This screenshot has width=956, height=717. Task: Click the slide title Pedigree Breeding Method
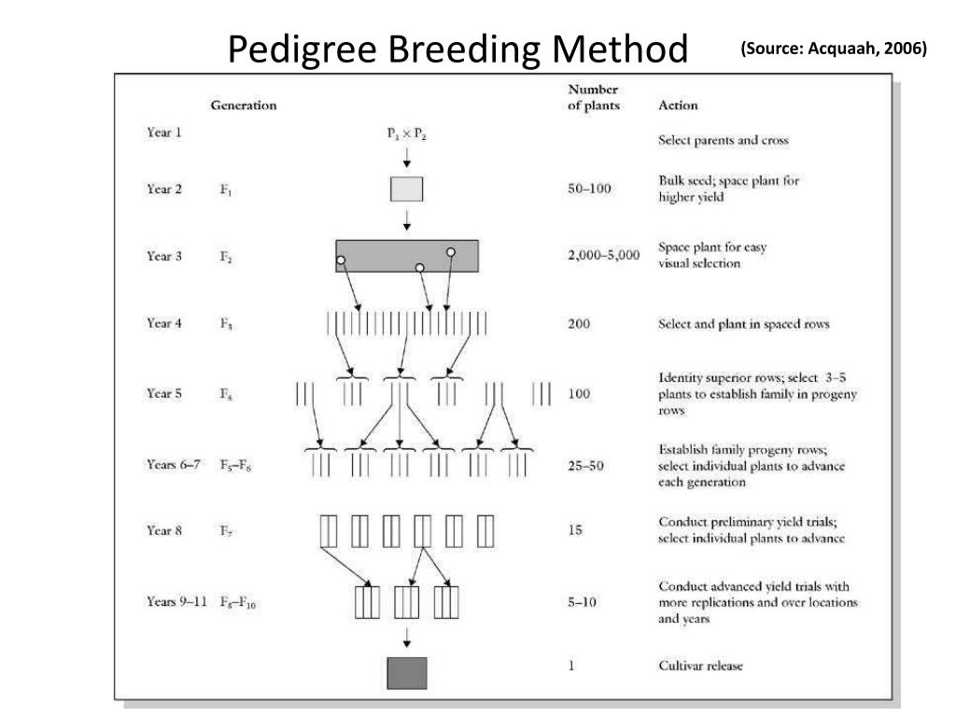coord(457,49)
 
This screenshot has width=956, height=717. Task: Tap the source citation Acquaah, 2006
coord(834,49)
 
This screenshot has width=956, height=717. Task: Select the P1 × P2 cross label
coord(407,134)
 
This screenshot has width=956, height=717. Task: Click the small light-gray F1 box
coord(406,189)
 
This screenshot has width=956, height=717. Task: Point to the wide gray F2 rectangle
coord(407,256)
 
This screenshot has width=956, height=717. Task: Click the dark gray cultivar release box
coord(407,673)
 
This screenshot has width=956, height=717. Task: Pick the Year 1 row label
coord(164,133)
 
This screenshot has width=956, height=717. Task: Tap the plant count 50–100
coord(589,189)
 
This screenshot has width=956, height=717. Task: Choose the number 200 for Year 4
coord(579,324)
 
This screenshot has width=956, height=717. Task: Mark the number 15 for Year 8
coord(575,530)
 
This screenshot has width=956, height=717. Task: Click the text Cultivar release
coord(701,666)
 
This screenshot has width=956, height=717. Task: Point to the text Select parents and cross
coord(724,140)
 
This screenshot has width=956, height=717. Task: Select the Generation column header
coord(244,105)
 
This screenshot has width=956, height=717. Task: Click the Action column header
coord(678,105)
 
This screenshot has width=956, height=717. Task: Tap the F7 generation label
coord(227,531)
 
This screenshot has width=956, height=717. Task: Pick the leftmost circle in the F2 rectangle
coord(342,260)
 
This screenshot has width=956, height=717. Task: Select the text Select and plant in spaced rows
coord(744,325)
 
